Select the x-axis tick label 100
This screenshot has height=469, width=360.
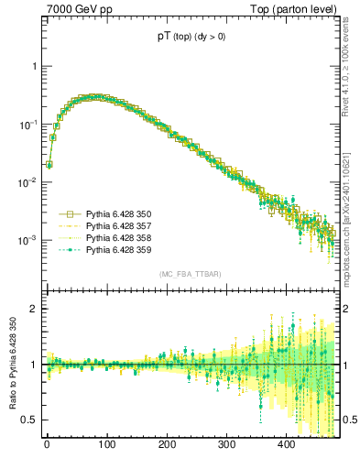[106, 446]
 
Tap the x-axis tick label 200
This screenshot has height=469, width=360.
[167, 446]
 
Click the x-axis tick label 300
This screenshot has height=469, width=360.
[226, 446]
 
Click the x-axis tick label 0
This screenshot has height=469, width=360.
[47, 446]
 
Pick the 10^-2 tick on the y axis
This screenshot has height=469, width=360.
[29, 182]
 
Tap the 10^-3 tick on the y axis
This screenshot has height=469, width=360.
[29, 240]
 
